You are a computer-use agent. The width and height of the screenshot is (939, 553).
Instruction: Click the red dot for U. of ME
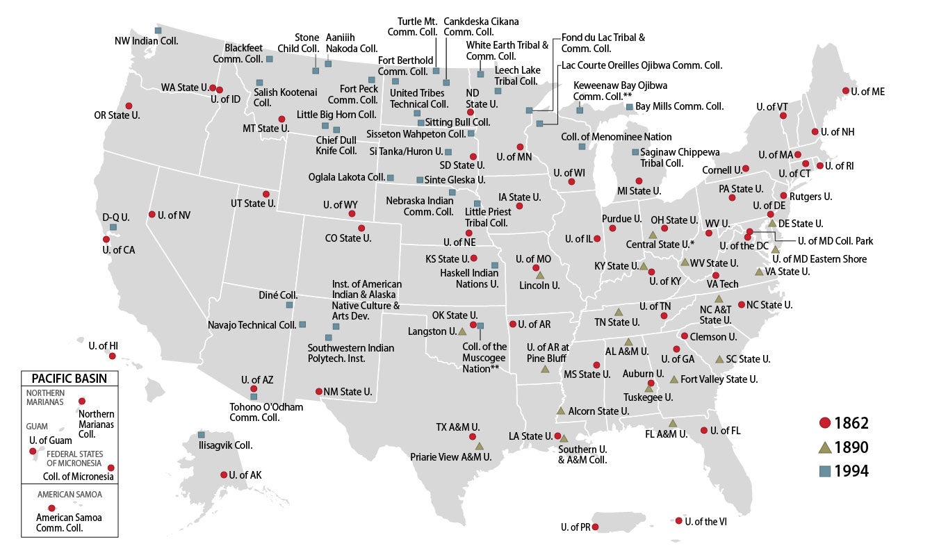click(846, 91)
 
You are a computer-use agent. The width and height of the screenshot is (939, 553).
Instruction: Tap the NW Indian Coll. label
click(146, 41)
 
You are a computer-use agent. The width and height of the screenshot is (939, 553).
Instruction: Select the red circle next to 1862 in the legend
click(825, 423)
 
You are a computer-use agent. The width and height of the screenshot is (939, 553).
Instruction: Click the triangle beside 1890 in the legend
click(825, 447)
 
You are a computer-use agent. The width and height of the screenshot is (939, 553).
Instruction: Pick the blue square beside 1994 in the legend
click(825, 471)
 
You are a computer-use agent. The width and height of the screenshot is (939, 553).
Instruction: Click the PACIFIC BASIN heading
click(69, 379)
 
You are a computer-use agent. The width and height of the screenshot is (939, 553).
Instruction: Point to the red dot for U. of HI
click(113, 356)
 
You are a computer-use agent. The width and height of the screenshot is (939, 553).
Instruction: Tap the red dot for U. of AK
click(224, 475)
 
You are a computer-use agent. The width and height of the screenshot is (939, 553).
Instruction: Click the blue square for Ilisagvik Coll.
click(202, 434)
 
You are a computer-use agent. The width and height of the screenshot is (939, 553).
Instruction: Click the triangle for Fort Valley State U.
click(673, 379)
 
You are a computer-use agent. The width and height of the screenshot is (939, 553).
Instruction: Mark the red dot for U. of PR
click(595, 527)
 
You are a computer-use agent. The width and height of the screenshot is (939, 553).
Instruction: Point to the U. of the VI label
click(706, 521)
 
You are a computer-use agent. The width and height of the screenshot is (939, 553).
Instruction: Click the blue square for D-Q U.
click(113, 227)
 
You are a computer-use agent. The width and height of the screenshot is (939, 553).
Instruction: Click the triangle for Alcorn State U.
click(560, 411)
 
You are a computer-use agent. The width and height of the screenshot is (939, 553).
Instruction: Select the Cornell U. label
click(721, 169)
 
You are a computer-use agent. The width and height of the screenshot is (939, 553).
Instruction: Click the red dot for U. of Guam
click(33, 451)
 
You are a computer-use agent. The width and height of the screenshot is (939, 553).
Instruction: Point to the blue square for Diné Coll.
click(289, 305)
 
